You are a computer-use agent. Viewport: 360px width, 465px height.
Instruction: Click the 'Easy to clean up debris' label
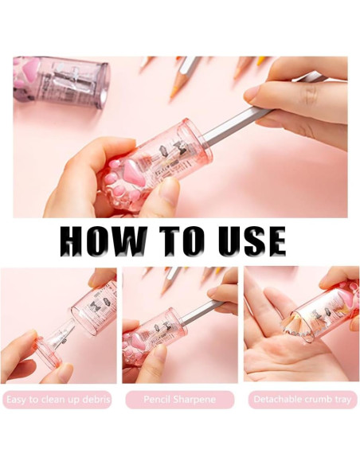(x=58, y=400)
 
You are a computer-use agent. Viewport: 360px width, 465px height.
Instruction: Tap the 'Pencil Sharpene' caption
(x=180, y=399)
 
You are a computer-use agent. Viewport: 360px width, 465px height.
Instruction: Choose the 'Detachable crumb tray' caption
(x=302, y=399)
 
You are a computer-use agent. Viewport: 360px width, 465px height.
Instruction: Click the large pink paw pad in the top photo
(x=135, y=173)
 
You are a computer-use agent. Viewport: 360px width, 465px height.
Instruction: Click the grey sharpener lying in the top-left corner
(x=61, y=83)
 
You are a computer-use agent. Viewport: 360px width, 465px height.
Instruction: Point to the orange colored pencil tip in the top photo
(x=174, y=91)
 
